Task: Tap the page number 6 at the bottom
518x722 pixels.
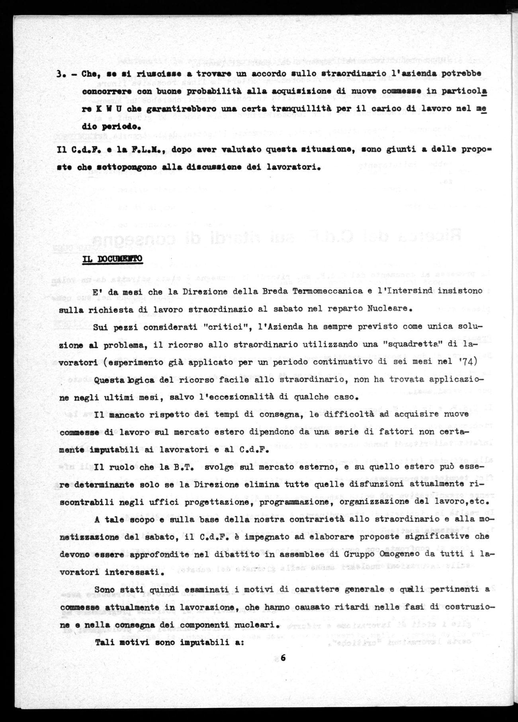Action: point(283,658)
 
